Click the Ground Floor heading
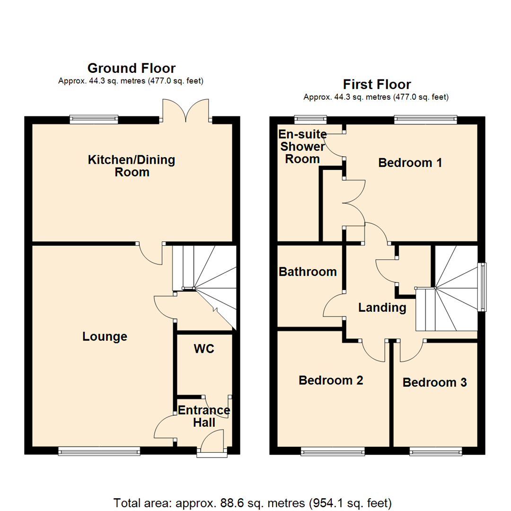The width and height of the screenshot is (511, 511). coord(131,69)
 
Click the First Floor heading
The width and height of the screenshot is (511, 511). coord(377,85)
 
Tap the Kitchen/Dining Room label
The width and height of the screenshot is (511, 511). coord(132,166)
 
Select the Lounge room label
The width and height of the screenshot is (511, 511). coord(105,336)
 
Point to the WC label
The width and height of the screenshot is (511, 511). coord(204,349)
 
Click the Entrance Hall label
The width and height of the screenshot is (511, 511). coord(204,416)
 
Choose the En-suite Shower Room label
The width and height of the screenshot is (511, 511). coord(302,146)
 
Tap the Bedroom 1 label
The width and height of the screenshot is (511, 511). coord(410,163)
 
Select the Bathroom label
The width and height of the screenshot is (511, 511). coord(308,272)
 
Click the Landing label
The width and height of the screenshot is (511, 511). coord(382,308)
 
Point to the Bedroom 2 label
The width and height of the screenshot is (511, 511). coord(331,380)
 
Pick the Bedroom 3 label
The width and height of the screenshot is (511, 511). coord(434,382)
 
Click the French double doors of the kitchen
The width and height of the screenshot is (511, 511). coord(185,110)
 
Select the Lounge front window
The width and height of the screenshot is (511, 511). coord(99,452)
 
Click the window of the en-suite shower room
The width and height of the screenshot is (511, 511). coord(310,119)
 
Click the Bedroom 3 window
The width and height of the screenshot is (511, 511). coord(435,452)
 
